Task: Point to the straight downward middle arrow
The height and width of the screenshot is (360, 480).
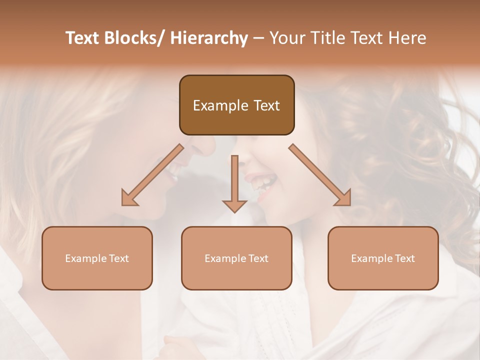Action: (x=234, y=180)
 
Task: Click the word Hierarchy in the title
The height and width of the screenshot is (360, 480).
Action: (x=209, y=38)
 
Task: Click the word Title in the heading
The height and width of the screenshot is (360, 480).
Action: (x=327, y=38)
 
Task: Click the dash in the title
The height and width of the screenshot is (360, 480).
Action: (x=258, y=38)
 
